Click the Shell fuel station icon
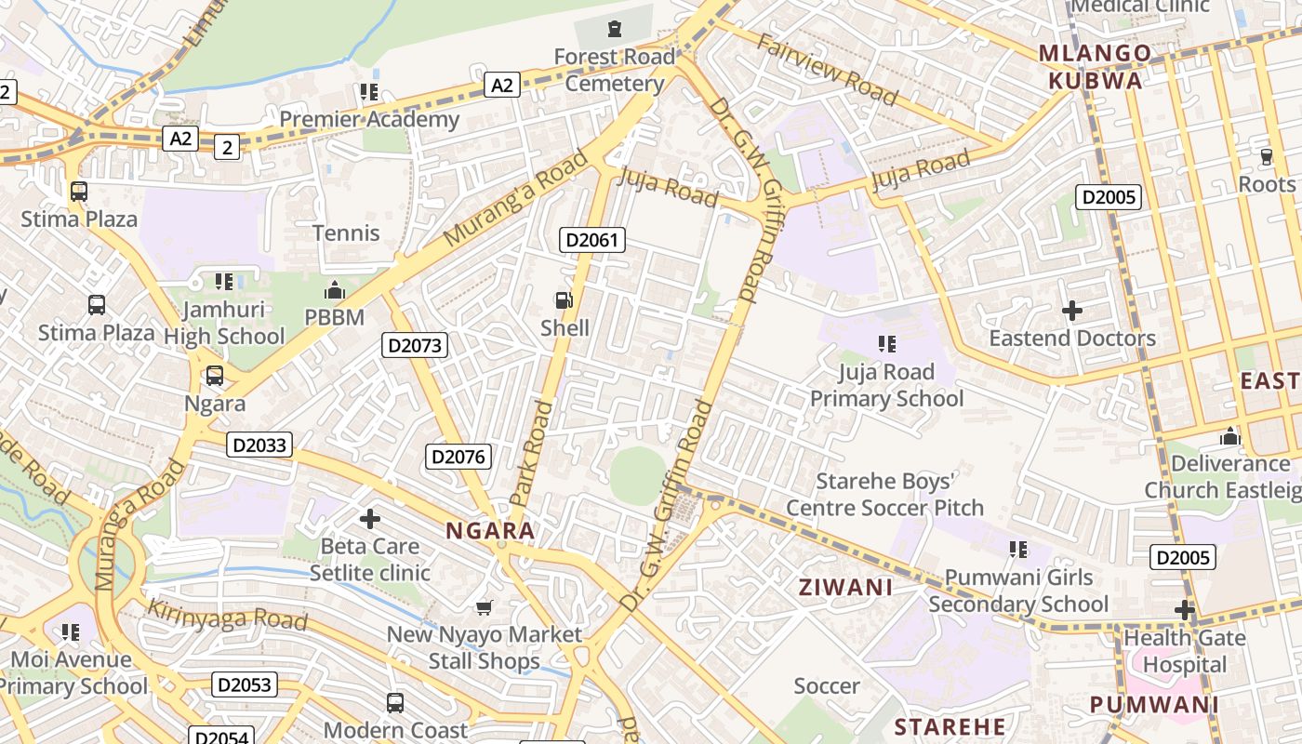click(564, 300)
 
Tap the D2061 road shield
click(592, 240)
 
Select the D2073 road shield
click(415, 346)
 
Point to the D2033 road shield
click(259, 445)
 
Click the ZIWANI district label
click(846, 587)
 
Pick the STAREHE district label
click(950, 726)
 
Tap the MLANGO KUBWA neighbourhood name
click(1096, 67)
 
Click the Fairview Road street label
click(827, 70)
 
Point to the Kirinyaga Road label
click(227, 615)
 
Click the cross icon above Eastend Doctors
click(1072, 310)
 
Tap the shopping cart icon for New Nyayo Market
click(484, 607)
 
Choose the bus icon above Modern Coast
click(395, 702)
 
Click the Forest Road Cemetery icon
click(614, 29)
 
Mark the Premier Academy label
click(369, 119)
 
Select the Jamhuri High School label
click(224, 322)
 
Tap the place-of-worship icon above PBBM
click(335, 290)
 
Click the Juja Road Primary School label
click(886, 385)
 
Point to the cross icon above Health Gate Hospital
click(1184, 610)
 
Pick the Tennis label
click(346, 232)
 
